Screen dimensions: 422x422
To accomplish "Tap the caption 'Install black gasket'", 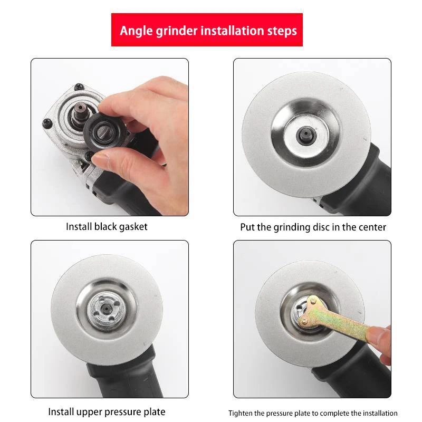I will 107,227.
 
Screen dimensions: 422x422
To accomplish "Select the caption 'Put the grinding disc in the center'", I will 313,227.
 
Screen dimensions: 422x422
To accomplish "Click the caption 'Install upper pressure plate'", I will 107,411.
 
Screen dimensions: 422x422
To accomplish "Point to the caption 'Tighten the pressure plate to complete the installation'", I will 313,413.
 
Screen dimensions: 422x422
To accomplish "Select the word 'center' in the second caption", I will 372,227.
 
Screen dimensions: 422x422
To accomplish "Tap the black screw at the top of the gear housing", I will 79,87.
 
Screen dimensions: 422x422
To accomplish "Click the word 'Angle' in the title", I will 136,30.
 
